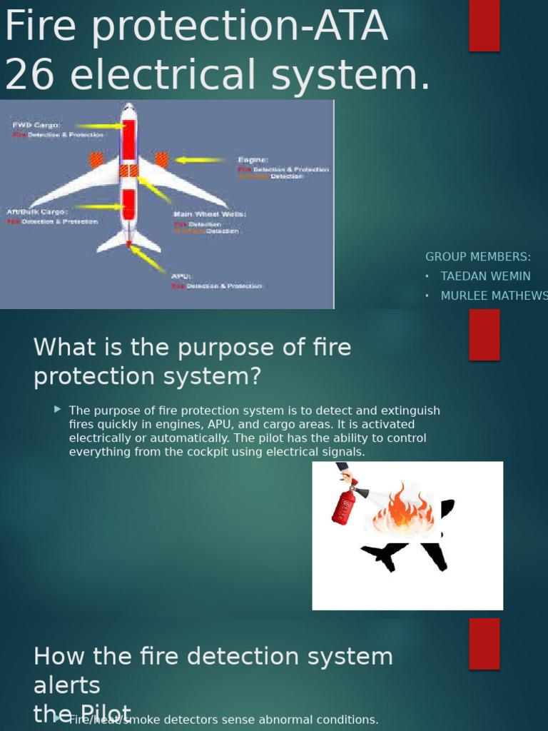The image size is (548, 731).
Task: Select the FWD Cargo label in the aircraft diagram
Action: [36, 125]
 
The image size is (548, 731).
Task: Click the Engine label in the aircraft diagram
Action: [253, 160]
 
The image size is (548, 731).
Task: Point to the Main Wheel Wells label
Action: [209, 214]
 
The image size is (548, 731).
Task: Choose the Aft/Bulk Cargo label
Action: [38, 212]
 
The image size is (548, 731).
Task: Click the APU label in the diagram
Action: [180, 276]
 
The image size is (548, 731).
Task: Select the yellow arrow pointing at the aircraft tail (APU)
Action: [148, 260]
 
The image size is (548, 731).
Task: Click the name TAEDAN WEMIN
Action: [485, 276]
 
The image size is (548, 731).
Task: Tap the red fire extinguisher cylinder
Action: [343, 507]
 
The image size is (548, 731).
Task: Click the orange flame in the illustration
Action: [403, 509]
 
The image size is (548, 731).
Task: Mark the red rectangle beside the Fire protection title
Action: [484, 26]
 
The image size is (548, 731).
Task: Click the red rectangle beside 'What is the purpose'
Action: [484, 335]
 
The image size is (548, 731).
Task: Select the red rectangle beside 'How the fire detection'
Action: [484, 643]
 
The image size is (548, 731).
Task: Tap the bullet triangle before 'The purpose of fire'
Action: [57, 410]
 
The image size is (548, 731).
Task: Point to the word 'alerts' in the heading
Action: [67, 685]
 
